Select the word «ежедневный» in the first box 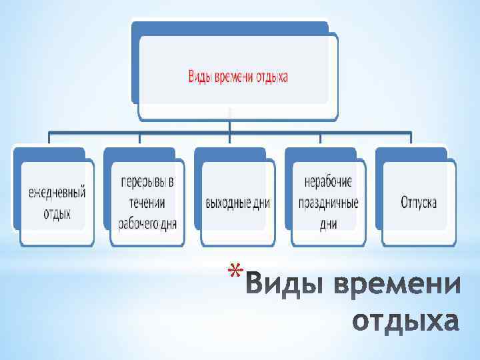pos(57,193)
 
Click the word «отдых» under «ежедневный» pos(57,214)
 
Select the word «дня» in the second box pos(168,223)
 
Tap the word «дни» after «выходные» pos(261,203)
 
